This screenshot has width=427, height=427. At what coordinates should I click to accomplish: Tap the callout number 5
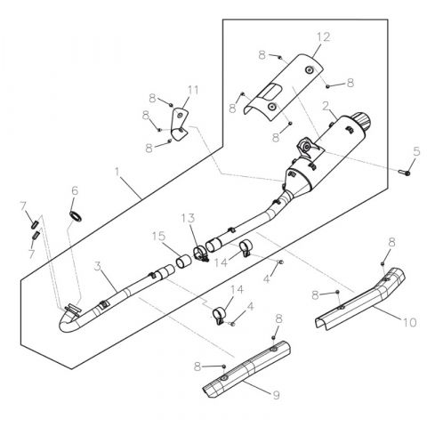(x=415, y=151)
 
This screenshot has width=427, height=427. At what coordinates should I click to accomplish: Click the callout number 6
(x=75, y=190)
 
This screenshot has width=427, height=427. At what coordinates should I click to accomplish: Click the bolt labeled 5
(x=407, y=171)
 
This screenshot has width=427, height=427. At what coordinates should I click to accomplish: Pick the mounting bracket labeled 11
(x=181, y=123)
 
